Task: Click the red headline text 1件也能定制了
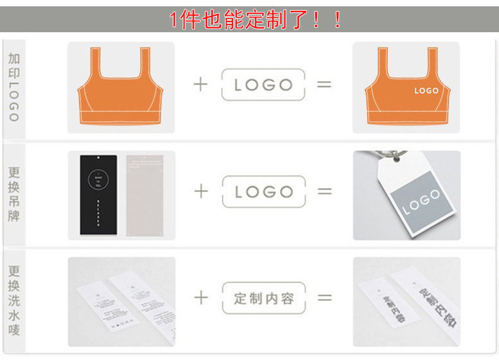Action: pyautogui.click(x=256, y=20)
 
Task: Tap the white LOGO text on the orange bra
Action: pyautogui.click(x=426, y=91)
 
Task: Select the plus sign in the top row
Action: pyautogui.click(x=200, y=85)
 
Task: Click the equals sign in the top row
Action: pyautogui.click(x=324, y=85)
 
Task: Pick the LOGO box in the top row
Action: pyautogui.click(x=263, y=85)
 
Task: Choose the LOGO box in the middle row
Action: pyautogui.click(x=263, y=191)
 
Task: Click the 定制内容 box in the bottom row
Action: pyautogui.click(x=263, y=298)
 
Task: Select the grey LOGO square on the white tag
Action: pyautogui.click(x=420, y=201)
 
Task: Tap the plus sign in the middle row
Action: pyautogui.click(x=200, y=191)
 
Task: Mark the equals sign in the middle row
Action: pyautogui.click(x=324, y=191)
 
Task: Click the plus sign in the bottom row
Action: pyautogui.click(x=200, y=298)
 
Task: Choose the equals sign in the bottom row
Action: pyautogui.click(x=324, y=298)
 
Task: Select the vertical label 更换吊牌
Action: pyautogui.click(x=15, y=194)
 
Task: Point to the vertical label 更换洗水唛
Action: pyautogui.click(x=15, y=300)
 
